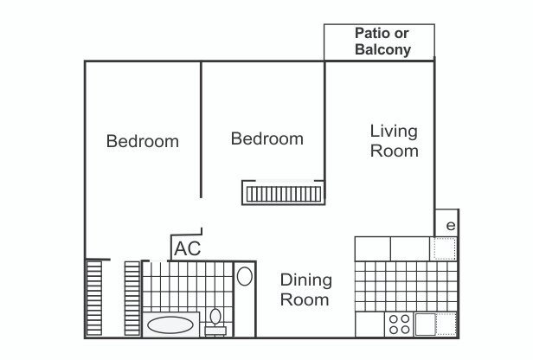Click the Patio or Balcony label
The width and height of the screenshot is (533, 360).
tap(382, 42)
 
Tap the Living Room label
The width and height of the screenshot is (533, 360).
tap(394, 141)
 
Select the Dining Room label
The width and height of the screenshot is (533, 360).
tap(306, 290)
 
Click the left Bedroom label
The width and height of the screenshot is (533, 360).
tap(143, 141)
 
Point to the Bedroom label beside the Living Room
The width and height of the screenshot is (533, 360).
tap(266, 138)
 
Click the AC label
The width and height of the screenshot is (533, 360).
tap(188, 248)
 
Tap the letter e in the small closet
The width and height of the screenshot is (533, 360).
tap(451, 225)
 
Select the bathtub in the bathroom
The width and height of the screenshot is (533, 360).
tap(170, 325)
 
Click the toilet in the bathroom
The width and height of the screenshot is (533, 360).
tap(215, 316)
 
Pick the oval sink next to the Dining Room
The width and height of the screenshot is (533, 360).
tap(244, 276)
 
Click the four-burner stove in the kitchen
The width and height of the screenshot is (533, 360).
tap(400, 325)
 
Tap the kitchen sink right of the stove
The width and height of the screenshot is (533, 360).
tap(425, 325)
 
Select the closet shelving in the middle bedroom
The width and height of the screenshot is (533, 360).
tap(284, 195)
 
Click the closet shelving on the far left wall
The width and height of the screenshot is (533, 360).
tap(94, 299)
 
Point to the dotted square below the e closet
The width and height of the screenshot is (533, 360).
tap(444, 248)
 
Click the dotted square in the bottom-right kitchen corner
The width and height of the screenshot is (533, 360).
tap(446, 325)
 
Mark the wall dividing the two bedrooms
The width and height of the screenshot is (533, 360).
tap(201, 130)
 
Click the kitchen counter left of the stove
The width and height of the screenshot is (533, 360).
tap(370, 325)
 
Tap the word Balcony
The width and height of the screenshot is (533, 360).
tap(383, 49)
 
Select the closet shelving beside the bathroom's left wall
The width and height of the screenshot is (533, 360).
tap(132, 299)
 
